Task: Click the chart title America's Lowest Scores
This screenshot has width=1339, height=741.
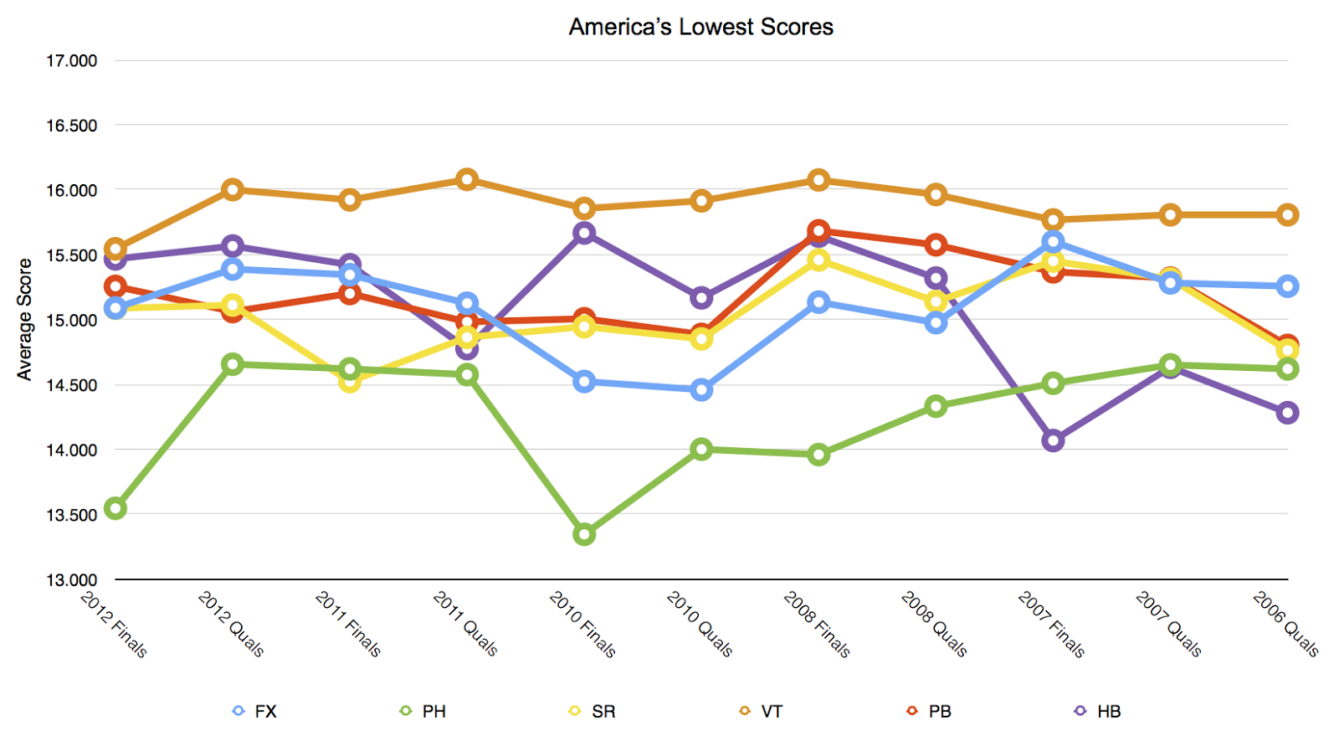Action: [700, 27]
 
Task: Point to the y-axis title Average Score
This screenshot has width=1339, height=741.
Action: [24, 319]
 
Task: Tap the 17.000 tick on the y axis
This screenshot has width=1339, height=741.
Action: [71, 60]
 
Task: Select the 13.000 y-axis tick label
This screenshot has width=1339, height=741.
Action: [71, 579]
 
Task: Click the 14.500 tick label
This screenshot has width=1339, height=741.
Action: [71, 385]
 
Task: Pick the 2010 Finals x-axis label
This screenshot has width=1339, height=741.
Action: [582, 624]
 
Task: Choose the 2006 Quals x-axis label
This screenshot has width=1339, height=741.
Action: [1285, 624]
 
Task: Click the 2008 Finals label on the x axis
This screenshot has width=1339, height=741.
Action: [817, 624]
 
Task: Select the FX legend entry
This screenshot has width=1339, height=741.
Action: [255, 711]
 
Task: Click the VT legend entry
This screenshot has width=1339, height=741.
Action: [761, 711]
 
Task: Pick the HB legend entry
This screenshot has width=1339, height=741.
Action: [1098, 711]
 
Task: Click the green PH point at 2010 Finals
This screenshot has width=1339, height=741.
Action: [584, 534]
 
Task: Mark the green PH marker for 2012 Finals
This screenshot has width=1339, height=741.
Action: [115, 508]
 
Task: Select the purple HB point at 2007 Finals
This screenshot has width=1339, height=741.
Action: [1053, 440]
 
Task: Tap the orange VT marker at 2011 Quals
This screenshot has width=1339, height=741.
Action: [467, 179]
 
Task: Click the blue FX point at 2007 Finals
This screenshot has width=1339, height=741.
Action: [1053, 242]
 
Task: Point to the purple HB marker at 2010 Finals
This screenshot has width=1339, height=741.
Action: [584, 233]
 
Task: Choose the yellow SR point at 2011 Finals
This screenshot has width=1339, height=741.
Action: [350, 382]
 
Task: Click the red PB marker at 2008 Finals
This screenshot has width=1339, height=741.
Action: [818, 230]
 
